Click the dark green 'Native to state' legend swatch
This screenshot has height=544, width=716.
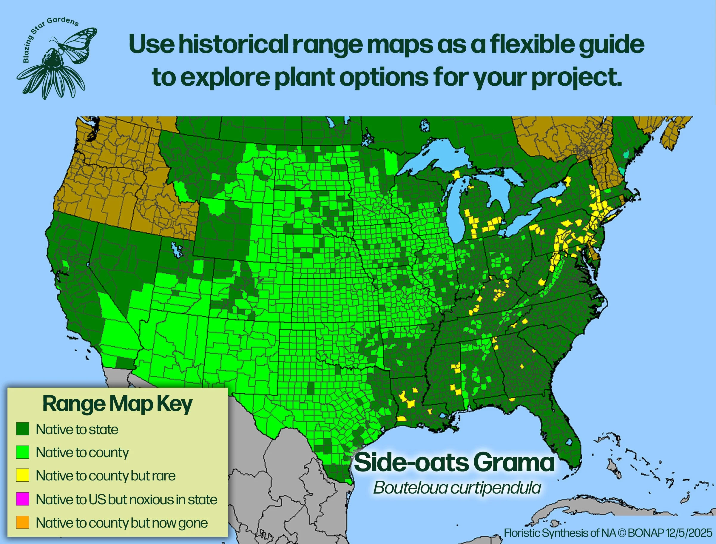[23, 429]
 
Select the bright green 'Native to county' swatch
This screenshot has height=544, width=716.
[23, 452]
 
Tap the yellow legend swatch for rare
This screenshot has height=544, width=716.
[23, 475]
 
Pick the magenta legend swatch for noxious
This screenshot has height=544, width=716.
[23, 499]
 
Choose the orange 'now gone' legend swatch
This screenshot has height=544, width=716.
[23, 522]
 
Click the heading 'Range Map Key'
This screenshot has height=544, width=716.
[117, 404]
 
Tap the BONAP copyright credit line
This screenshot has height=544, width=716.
[608, 533]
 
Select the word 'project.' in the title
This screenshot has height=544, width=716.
[576, 78]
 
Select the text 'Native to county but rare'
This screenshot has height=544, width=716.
[106, 476]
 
